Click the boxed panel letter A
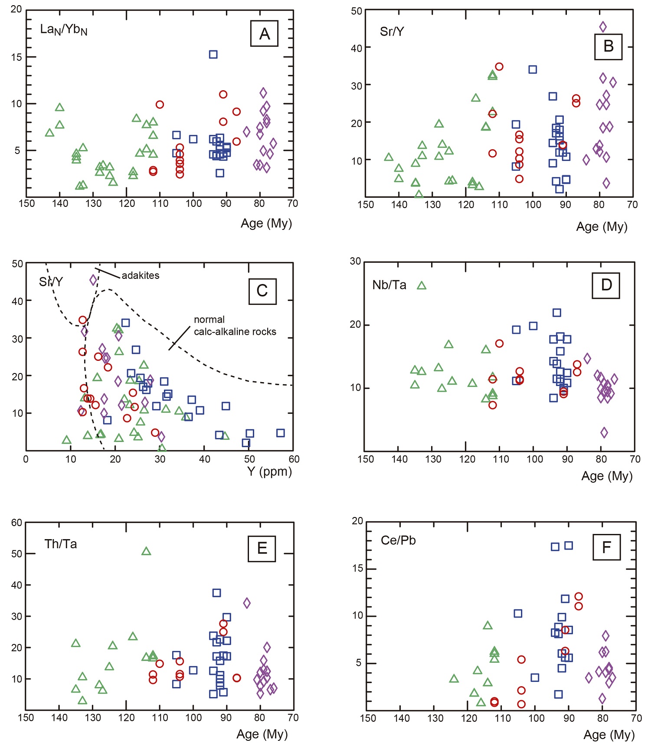tap(264, 33)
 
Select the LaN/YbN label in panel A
tap(64, 29)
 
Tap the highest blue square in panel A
tap(213, 54)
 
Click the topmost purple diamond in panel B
tap(603, 27)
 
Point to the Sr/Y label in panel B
tap(392, 32)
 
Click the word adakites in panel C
tap(140, 275)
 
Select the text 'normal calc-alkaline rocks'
tap(235, 326)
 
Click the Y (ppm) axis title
tap(270, 471)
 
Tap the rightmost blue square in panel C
tap(281, 433)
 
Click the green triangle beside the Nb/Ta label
tap(422, 285)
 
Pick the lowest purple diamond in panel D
tap(604, 432)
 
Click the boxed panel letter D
tap(606, 285)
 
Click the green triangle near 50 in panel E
tap(146, 551)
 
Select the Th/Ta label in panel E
tap(61, 544)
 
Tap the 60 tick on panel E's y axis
tap(16, 523)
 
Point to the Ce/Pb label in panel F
tap(398, 540)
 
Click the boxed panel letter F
tap(606, 547)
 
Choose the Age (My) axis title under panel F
tap(609, 735)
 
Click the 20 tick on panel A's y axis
tap(16, 9)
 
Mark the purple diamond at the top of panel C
tap(93, 280)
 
